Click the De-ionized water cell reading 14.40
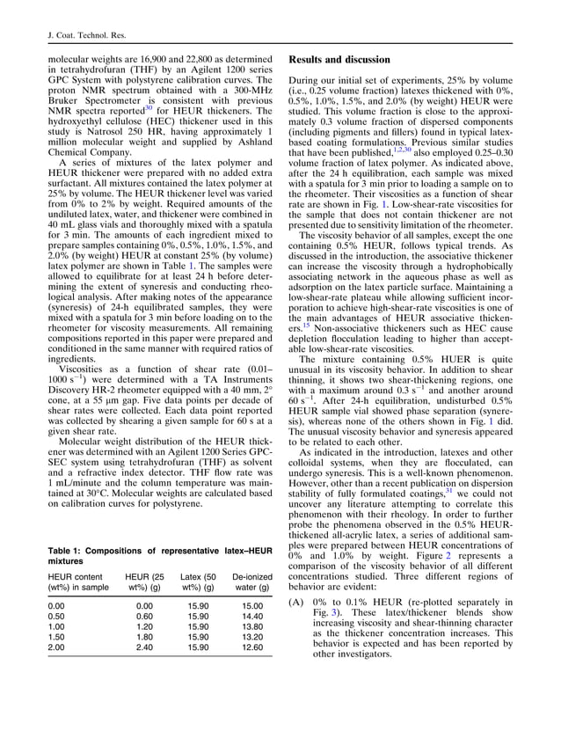point(252,618)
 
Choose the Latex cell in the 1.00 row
point(198,628)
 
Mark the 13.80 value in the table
point(252,628)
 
